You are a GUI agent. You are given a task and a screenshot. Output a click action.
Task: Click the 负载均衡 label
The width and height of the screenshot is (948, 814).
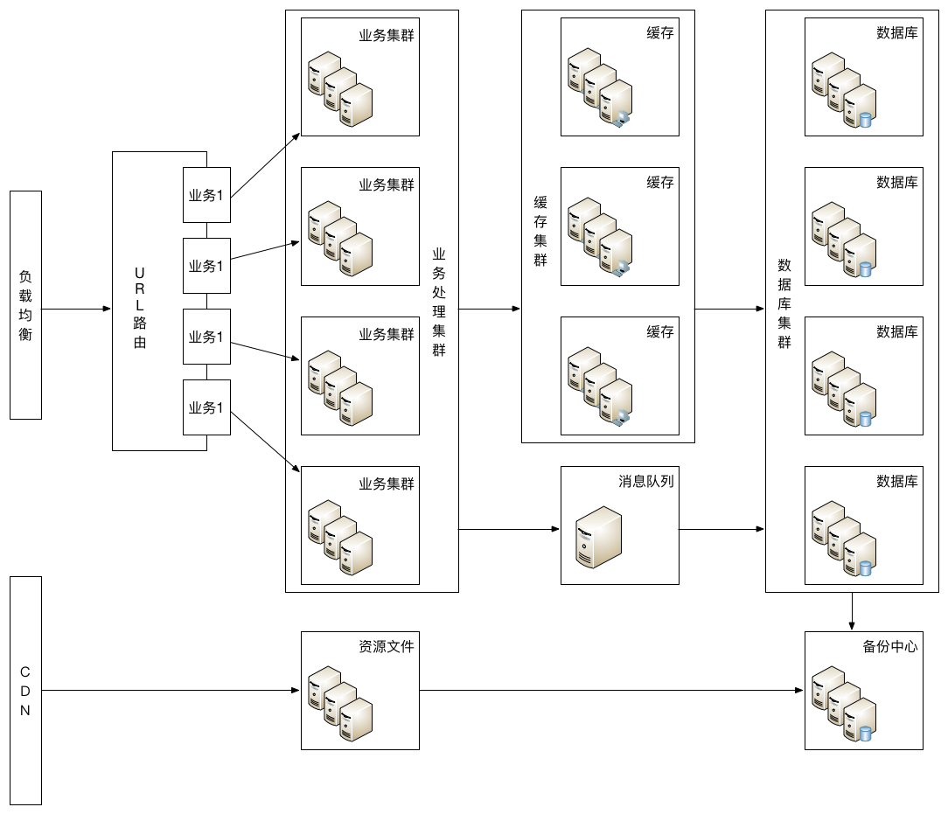click(x=25, y=305)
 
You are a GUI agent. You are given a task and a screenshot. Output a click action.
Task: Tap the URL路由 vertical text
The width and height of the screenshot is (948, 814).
click(x=140, y=308)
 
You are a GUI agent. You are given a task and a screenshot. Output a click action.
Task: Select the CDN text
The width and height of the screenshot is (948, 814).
click(x=24, y=691)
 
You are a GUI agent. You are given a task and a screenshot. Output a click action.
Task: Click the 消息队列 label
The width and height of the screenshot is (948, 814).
click(x=645, y=481)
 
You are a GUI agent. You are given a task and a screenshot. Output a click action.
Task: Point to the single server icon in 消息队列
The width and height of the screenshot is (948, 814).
click(x=598, y=537)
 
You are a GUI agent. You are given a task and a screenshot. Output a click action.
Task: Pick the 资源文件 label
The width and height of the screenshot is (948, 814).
click(x=387, y=647)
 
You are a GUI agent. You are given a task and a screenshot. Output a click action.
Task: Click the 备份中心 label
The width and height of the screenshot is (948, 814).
click(x=890, y=647)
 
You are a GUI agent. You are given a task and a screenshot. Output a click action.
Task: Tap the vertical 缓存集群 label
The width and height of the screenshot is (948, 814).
click(x=540, y=232)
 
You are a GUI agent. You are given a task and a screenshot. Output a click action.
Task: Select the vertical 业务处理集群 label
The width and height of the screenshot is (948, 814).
click(x=439, y=303)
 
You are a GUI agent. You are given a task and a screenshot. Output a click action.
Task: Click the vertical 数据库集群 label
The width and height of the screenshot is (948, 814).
click(x=784, y=303)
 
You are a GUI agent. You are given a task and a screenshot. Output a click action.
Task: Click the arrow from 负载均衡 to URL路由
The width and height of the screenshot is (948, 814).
click(x=76, y=309)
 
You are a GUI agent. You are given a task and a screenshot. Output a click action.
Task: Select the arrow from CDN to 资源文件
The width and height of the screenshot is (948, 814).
click(x=171, y=690)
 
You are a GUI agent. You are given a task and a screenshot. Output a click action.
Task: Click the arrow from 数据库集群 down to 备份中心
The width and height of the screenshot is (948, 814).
click(x=852, y=611)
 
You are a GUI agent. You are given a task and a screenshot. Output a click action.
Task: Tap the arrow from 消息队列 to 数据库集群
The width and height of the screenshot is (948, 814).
click(x=721, y=529)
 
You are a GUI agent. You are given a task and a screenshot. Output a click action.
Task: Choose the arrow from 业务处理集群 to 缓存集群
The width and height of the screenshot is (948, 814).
click(x=490, y=309)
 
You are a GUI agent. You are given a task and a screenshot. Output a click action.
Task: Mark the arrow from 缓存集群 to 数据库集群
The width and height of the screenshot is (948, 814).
click(x=729, y=309)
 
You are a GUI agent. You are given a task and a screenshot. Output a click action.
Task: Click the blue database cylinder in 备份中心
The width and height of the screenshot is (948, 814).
click(x=865, y=733)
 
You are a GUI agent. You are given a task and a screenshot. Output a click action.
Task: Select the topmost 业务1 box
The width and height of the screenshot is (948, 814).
click(x=206, y=195)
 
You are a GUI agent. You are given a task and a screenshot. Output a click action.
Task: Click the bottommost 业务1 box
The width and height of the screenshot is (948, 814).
click(x=206, y=407)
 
